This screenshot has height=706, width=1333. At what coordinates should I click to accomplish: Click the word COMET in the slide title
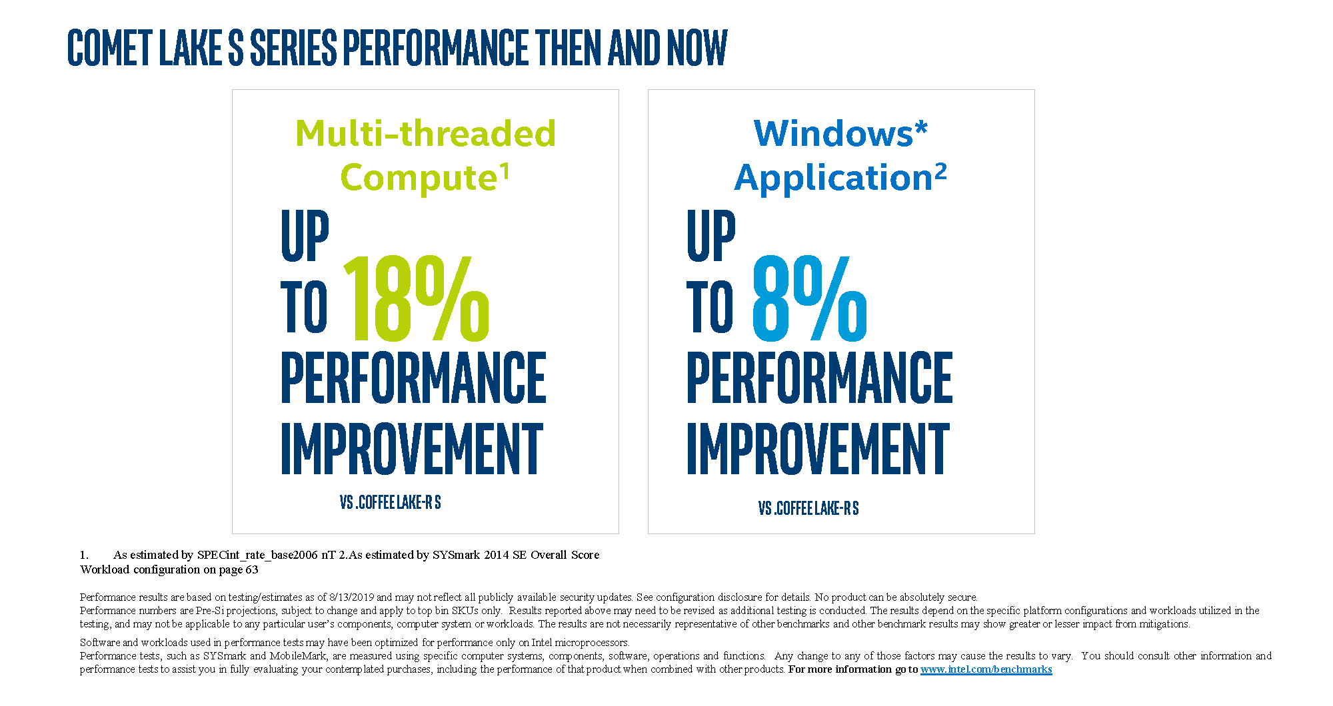(x=111, y=48)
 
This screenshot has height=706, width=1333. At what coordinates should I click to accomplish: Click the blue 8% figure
(x=810, y=298)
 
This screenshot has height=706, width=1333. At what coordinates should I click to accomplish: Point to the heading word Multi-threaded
(x=425, y=133)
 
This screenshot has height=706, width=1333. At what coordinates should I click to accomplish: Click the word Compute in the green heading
(x=419, y=178)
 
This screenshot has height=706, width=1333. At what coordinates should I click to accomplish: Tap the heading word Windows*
(x=840, y=133)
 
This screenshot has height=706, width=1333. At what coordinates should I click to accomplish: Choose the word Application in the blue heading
(x=833, y=178)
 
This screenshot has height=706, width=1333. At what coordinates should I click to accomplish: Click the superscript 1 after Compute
(x=505, y=171)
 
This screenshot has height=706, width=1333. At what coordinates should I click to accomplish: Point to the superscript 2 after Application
(x=940, y=172)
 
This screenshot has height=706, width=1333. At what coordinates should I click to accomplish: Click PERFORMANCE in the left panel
(x=413, y=378)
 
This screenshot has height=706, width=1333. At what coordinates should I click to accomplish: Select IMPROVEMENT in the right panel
(x=818, y=449)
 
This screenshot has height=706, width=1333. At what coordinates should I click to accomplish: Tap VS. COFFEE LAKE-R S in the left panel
(x=391, y=502)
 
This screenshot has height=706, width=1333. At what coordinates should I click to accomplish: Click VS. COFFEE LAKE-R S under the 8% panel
(x=808, y=508)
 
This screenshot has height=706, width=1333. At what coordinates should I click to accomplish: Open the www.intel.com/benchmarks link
(x=986, y=669)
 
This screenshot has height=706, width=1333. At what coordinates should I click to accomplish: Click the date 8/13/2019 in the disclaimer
(x=351, y=597)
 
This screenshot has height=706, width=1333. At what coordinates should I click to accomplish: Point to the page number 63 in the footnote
(x=251, y=569)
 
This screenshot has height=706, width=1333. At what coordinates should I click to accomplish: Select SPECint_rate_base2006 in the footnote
(x=257, y=555)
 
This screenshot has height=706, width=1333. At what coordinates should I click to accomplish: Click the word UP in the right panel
(x=711, y=236)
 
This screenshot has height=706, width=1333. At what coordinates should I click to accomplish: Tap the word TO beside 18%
(x=305, y=306)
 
